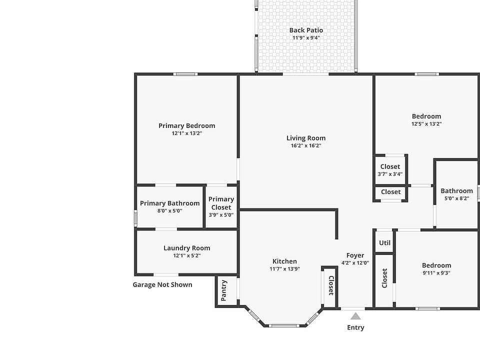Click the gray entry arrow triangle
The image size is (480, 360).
pos(355,316)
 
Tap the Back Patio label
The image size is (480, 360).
pos(306,30)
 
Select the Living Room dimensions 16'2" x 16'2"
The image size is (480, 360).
pos(306,146)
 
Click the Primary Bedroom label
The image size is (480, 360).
pos(186,125)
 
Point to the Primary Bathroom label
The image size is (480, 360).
pos(169,203)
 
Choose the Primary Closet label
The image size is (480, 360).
pos(221,203)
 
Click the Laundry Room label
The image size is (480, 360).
pos(186,248)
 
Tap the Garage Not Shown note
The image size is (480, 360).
pos(162,284)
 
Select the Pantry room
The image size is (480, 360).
pos(223,290)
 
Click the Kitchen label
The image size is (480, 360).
pos(284,261)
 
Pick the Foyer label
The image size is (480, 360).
pos(355,255)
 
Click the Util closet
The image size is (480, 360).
pos(384,242)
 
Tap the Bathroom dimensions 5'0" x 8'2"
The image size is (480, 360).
pos(456,198)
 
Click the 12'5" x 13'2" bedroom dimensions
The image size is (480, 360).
pos(426,124)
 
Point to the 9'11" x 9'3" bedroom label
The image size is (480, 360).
pos(436,265)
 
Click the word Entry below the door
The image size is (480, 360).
pos(355,327)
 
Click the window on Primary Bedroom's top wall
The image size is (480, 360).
pos(185,74)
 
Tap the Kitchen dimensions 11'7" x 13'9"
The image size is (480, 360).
pos(284,269)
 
